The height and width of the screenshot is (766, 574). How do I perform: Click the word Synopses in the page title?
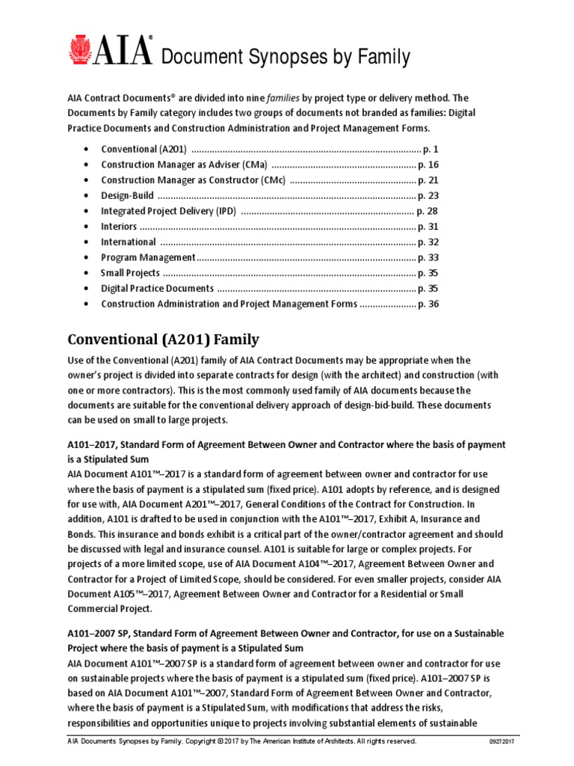[x=246, y=56]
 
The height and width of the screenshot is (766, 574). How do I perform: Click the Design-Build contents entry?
[x=128, y=195]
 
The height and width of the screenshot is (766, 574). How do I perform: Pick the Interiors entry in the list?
[x=119, y=226]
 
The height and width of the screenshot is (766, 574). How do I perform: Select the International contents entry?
[x=129, y=242]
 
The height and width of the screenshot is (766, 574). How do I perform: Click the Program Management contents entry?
[x=148, y=257]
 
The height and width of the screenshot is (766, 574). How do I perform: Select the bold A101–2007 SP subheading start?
[x=101, y=634]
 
